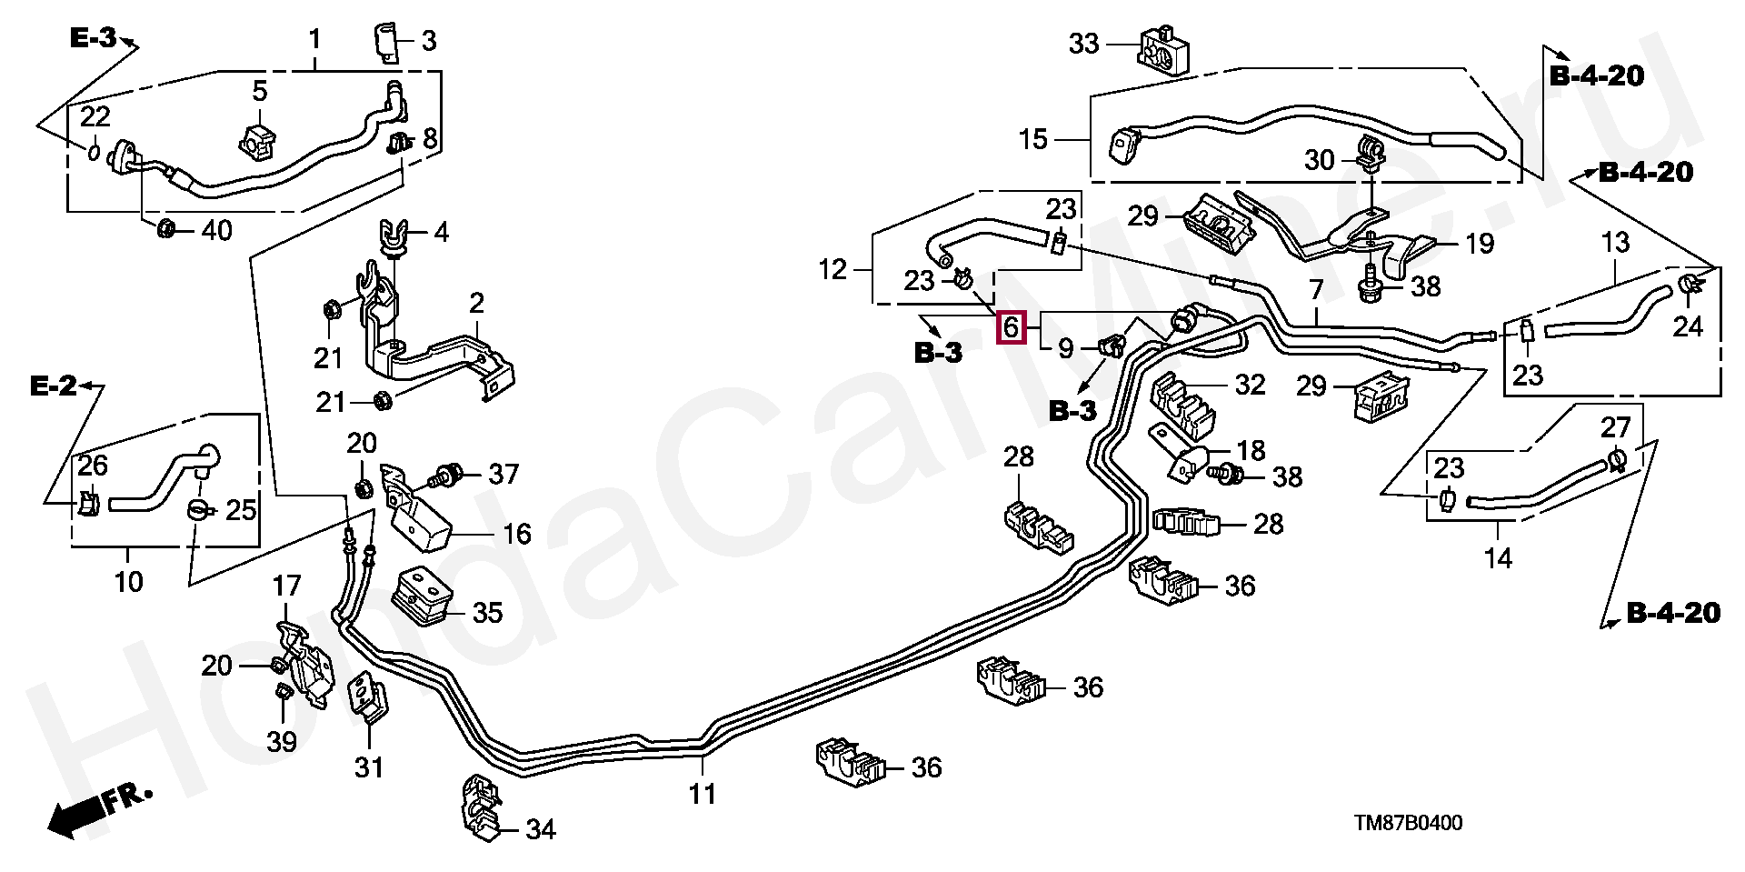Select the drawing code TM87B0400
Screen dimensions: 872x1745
1408,824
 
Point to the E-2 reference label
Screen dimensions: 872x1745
54,386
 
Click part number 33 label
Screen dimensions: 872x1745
1083,44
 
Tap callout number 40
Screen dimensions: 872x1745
216,230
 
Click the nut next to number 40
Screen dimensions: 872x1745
165,227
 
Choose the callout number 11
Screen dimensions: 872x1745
702,794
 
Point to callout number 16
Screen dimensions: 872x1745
516,534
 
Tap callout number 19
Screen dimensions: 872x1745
1480,243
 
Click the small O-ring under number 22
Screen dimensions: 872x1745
95,150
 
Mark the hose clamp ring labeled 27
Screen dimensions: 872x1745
1617,460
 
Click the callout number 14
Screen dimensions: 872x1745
1498,557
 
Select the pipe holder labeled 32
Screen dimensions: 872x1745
1183,406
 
